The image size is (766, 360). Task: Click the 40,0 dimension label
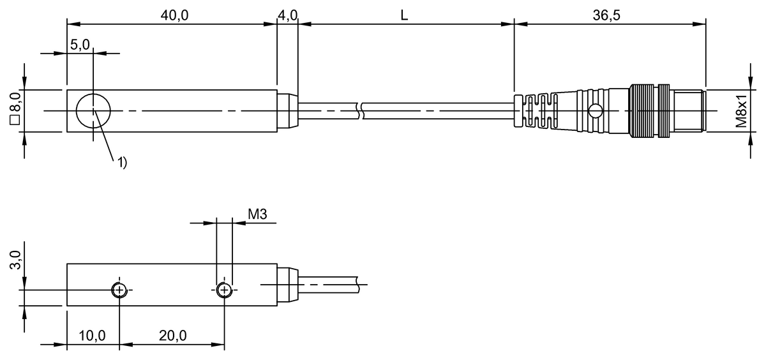174,15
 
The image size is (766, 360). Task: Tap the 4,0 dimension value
288,15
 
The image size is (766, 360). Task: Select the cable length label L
404,15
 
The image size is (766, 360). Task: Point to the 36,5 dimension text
606,15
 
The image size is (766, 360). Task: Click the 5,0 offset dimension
80,45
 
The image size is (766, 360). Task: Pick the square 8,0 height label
16,108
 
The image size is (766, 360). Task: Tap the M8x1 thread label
741,110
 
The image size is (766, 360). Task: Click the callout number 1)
123,162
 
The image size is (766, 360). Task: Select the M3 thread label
257,214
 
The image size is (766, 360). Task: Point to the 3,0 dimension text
16,260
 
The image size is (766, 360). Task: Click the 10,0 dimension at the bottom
93,336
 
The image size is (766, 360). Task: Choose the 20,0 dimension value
173,336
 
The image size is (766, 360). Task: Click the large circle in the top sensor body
93,111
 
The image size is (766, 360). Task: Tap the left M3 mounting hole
119,290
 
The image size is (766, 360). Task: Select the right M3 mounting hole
224,290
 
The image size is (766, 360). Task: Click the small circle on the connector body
596,111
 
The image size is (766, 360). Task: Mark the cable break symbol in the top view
361,111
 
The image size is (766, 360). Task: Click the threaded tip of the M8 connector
688,111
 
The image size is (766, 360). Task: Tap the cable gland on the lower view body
288,285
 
